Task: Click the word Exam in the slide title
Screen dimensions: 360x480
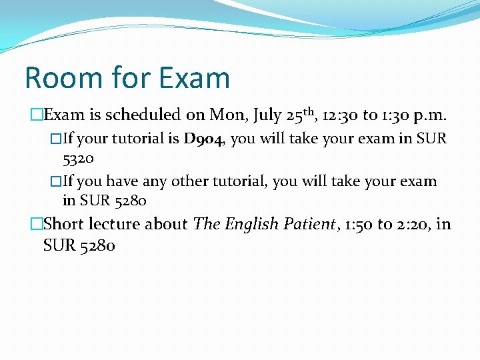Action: [x=193, y=77]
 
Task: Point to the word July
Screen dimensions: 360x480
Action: [x=265, y=115]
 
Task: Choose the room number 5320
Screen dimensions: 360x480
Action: [x=78, y=159]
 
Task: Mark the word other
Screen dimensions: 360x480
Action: [x=189, y=181]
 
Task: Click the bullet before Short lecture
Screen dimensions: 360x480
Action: [x=36, y=225]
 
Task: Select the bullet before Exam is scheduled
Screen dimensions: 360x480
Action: [x=36, y=115]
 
